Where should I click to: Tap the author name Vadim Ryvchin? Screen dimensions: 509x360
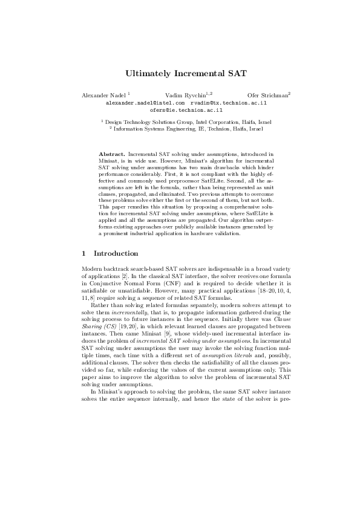point(184,96)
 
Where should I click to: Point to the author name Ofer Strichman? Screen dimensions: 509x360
point(267,96)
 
